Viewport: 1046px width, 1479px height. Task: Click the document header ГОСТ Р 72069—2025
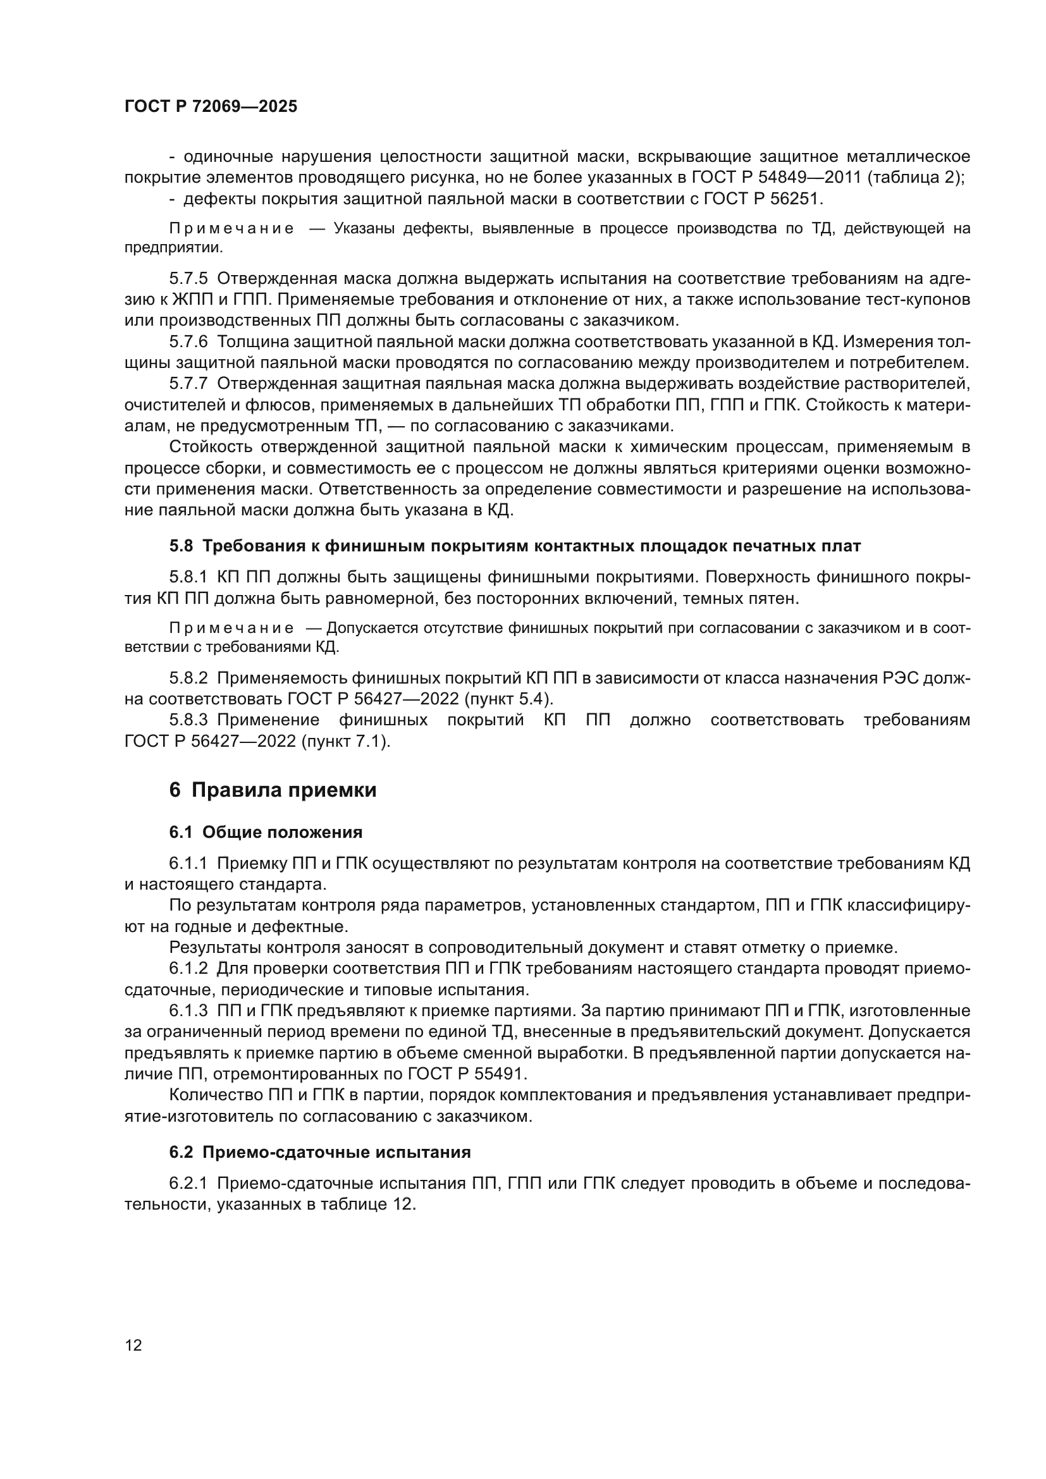click(x=211, y=107)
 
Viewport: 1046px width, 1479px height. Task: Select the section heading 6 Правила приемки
click(x=273, y=790)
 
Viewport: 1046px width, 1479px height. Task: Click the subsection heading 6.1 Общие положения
click(x=266, y=832)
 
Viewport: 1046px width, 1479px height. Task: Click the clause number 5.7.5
click(x=188, y=278)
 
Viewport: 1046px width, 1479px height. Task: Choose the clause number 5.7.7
click(x=188, y=383)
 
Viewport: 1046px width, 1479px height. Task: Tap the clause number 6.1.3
click(x=188, y=1010)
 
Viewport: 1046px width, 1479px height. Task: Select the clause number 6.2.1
click(x=188, y=1183)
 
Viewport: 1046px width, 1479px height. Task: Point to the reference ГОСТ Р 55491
click(x=467, y=1074)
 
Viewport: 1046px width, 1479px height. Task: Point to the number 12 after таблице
click(x=403, y=1205)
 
